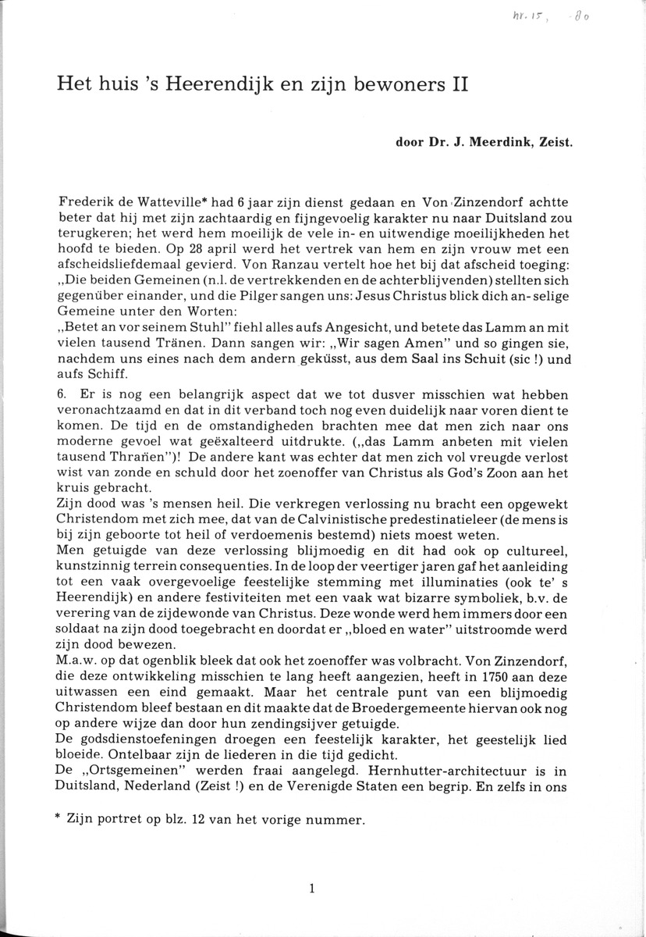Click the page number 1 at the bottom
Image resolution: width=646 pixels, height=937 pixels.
pyautogui.click(x=311, y=888)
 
